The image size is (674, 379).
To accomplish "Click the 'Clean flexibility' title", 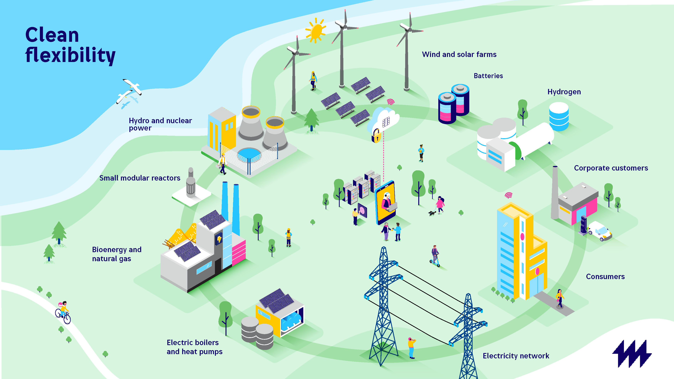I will point(70,45).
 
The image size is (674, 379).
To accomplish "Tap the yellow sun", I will point(316,30).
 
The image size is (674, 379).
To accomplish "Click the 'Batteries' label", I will point(488,76).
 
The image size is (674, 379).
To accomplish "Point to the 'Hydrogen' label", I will point(564,92).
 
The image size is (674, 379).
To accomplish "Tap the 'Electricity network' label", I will point(516,356).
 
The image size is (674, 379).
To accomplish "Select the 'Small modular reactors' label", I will point(140,178).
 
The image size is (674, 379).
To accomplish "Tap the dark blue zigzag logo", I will point(632,353).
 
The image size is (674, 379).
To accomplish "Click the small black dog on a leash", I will point(432,213).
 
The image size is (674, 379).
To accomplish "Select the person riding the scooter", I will point(435,256).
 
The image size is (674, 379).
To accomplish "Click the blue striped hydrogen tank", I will point(559,117).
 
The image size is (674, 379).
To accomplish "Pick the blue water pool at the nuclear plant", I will point(249,154).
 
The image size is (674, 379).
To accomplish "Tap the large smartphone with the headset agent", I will point(385,202).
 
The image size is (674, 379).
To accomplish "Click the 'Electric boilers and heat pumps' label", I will point(194,347).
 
